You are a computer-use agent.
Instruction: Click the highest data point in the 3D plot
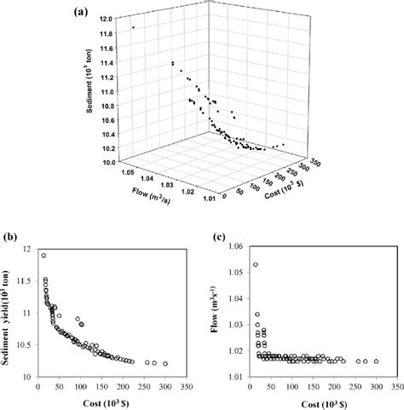click(x=133, y=27)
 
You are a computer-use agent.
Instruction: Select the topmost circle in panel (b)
click(x=43, y=255)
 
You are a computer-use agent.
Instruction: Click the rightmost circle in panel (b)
click(x=165, y=363)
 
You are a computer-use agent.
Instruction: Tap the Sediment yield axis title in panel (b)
click(x=11, y=311)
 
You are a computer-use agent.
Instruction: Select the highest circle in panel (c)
click(x=255, y=265)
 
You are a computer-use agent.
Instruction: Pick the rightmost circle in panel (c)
click(x=376, y=361)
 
